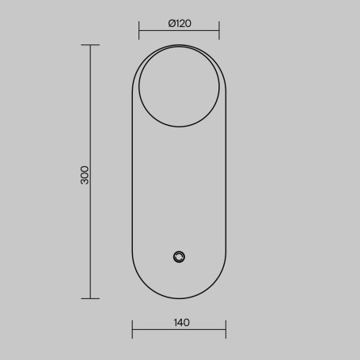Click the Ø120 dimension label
click(x=180, y=24)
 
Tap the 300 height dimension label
click(x=85, y=175)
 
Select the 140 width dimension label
click(x=182, y=323)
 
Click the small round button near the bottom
click(x=179, y=257)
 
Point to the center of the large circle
click(x=179, y=86)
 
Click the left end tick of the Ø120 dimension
click(x=139, y=31)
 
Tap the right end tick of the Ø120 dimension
click(x=219, y=31)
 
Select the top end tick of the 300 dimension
click(x=90, y=45)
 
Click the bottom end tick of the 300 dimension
click(x=90, y=298)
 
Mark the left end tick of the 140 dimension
click(x=132, y=329)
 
